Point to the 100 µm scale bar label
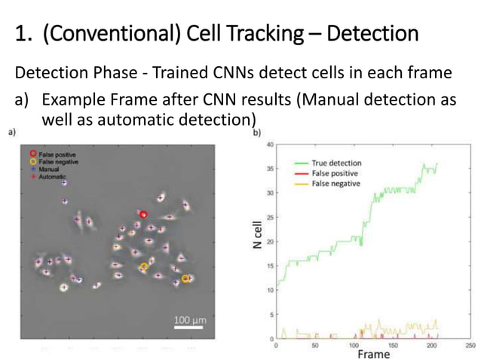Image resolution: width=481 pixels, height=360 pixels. tap(189, 321)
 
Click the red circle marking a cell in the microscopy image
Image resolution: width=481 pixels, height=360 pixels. tap(142, 215)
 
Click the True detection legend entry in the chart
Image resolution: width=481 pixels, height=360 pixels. tap(335, 163)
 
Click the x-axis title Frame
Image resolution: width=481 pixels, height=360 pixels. tap(373, 353)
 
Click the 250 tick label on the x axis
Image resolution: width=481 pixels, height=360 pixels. tap(470, 345)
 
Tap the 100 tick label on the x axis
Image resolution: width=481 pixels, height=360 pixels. tap(353, 345)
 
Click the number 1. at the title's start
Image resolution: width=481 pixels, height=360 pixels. tap(23, 34)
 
